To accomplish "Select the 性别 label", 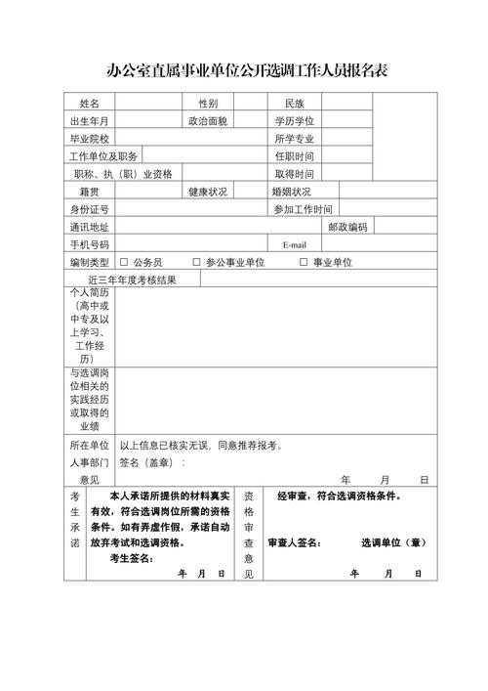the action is point(208,103).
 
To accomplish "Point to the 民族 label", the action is point(295,103).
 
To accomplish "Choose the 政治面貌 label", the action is point(208,121).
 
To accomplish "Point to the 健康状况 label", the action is point(208,192).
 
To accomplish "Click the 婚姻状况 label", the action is point(292,192).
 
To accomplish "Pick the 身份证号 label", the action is point(90,209).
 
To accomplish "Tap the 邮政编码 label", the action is point(348,227).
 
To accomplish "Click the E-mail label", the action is point(295,244).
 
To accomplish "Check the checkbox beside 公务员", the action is point(124,262).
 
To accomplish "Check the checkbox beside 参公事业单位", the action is point(196,262).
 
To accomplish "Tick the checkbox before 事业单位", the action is point(304,262).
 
